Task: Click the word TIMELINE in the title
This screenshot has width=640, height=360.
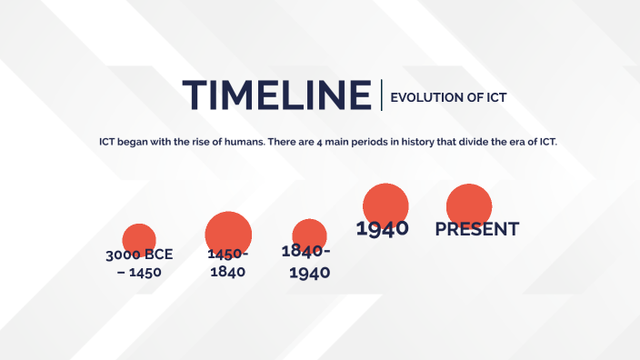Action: [x=276, y=95]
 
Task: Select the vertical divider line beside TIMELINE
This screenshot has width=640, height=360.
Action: [x=382, y=95]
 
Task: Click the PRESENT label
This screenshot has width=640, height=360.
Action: [x=476, y=229]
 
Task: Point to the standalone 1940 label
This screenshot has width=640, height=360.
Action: [x=382, y=229]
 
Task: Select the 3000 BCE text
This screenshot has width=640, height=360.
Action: [x=139, y=255]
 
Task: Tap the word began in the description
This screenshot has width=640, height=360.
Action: [x=136, y=143]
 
